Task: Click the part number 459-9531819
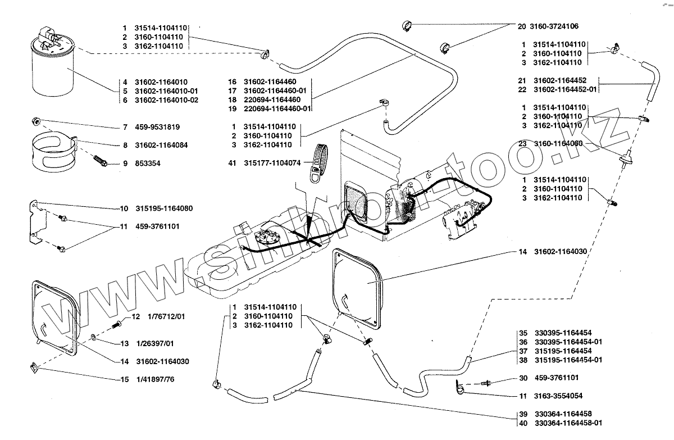click(x=158, y=127)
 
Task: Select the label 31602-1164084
click(x=161, y=145)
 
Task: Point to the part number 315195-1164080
click(x=164, y=208)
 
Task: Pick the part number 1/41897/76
click(x=155, y=380)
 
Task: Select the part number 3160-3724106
click(x=555, y=26)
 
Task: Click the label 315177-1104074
click(x=273, y=163)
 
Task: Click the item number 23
click(x=522, y=143)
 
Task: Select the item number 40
click(x=522, y=422)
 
